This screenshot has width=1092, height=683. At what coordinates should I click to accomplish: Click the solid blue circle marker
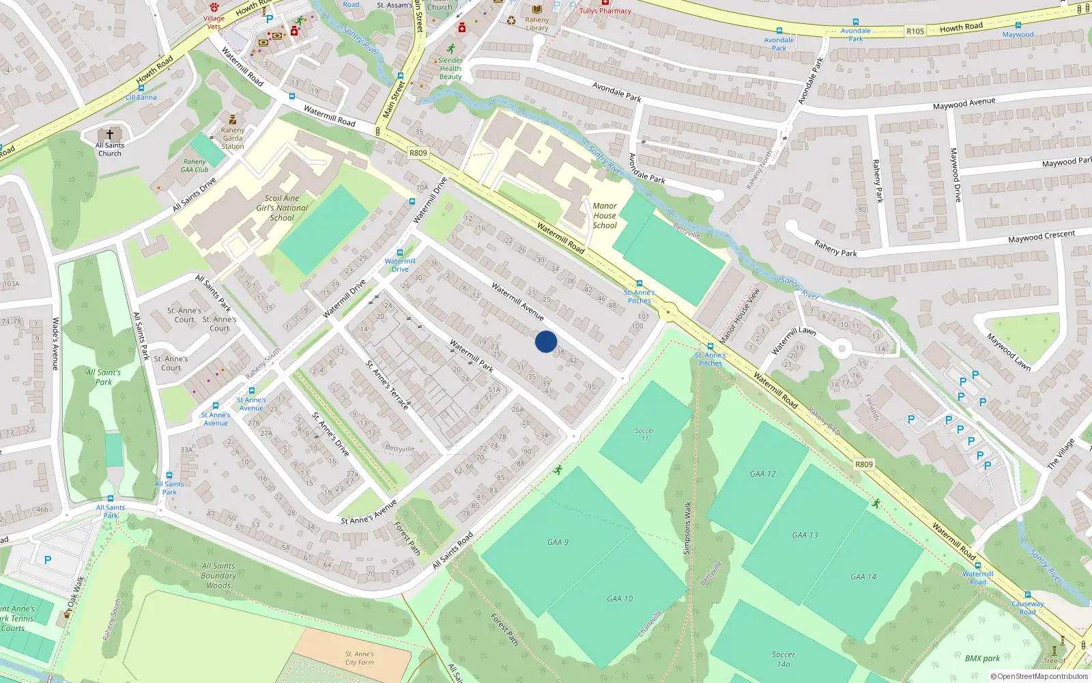coord(545,341)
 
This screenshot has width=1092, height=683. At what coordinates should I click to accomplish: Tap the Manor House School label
coord(604,215)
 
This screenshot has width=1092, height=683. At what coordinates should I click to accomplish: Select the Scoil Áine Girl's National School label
coord(282,208)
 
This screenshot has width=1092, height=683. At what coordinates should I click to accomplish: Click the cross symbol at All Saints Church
coord(109,134)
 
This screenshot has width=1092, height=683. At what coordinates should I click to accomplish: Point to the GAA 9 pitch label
coord(558,542)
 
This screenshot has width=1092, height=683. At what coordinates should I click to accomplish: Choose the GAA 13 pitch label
coord(805,535)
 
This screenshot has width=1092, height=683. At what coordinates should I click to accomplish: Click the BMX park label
coord(982,658)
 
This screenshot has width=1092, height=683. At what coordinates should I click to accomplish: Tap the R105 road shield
coord(915,31)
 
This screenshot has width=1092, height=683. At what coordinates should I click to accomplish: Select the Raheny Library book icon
coord(537,10)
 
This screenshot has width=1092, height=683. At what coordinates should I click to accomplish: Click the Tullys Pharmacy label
coord(605,11)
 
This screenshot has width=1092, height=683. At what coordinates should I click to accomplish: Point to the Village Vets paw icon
coord(214,7)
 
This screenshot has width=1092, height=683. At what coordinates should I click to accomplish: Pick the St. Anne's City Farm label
coord(359,658)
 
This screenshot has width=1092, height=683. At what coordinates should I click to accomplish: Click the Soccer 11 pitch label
coord(644,434)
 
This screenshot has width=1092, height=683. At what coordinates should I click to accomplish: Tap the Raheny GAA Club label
coord(195,166)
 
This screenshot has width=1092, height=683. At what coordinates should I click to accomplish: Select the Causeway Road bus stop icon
coord(1027,595)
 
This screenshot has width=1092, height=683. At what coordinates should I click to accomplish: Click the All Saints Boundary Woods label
coord(218,575)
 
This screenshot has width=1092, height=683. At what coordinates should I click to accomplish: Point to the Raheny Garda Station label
coord(232,138)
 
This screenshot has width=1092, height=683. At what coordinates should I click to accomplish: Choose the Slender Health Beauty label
coord(450,68)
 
